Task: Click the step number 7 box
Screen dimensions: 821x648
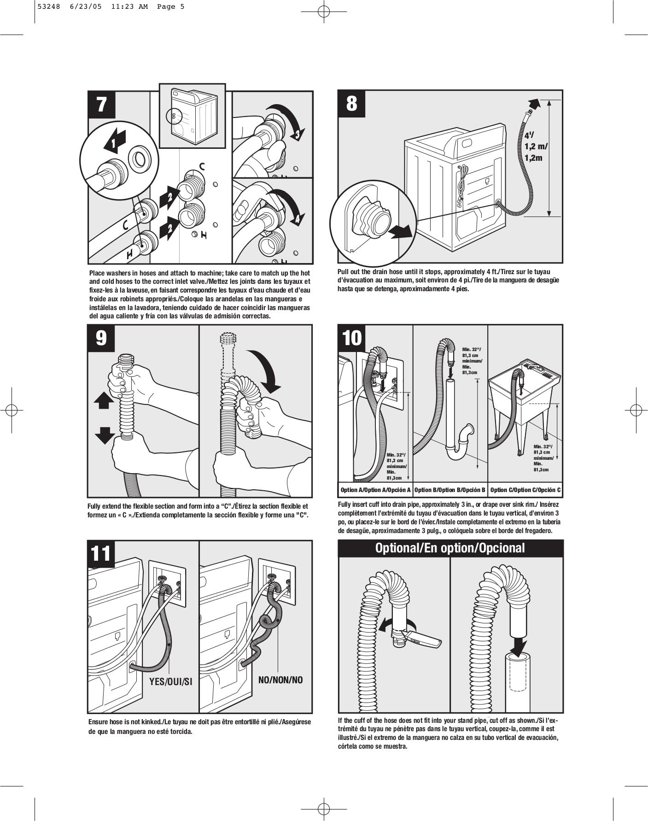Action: [102, 105]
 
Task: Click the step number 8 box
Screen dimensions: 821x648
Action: [352, 104]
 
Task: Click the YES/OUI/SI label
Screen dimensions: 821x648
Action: [171, 681]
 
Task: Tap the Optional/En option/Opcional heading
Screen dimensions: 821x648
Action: [450, 548]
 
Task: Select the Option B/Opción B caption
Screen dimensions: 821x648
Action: [450, 490]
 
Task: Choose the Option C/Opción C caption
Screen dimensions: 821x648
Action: [525, 490]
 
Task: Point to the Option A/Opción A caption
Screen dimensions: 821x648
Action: [375, 490]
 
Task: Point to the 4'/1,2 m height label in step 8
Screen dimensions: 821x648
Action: [536, 147]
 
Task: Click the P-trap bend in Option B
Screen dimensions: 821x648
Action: [462, 445]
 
